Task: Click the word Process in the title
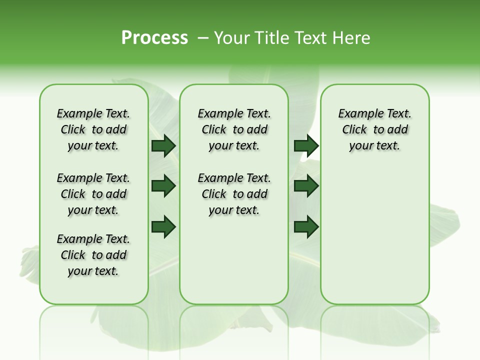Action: [x=154, y=38]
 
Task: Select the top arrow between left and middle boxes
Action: [x=163, y=145]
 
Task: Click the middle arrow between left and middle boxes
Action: [x=163, y=186]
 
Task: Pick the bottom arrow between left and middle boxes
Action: [x=163, y=227]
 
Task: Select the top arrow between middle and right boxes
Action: [x=306, y=145]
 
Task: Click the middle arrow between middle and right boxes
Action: [x=306, y=186]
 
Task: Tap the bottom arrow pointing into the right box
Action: [x=306, y=227]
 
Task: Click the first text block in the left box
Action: [x=93, y=129]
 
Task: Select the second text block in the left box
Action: [x=93, y=194]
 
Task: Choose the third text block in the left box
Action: [x=93, y=255]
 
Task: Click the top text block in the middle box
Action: [x=234, y=129]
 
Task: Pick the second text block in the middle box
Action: [x=234, y=194]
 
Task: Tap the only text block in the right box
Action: [x=374, y=129]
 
